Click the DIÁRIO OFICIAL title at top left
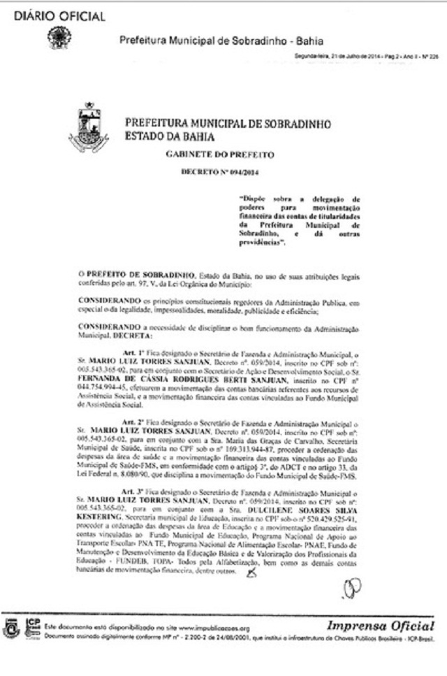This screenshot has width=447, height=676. coord(59,16)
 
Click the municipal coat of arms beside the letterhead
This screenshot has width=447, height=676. coord(89,128)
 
